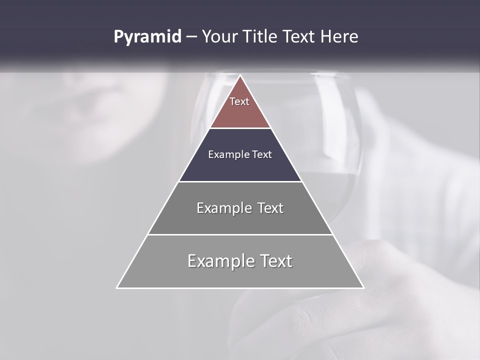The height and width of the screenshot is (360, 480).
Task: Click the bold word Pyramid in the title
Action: point(147,36)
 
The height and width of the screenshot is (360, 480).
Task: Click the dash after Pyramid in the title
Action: point(191,37)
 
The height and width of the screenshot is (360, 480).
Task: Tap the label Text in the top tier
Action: point(239,101)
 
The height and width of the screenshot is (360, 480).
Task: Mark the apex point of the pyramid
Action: point(240,75)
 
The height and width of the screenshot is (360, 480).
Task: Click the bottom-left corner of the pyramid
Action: point(117,287)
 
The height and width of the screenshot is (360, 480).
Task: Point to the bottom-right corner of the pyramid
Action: point(363,287)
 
